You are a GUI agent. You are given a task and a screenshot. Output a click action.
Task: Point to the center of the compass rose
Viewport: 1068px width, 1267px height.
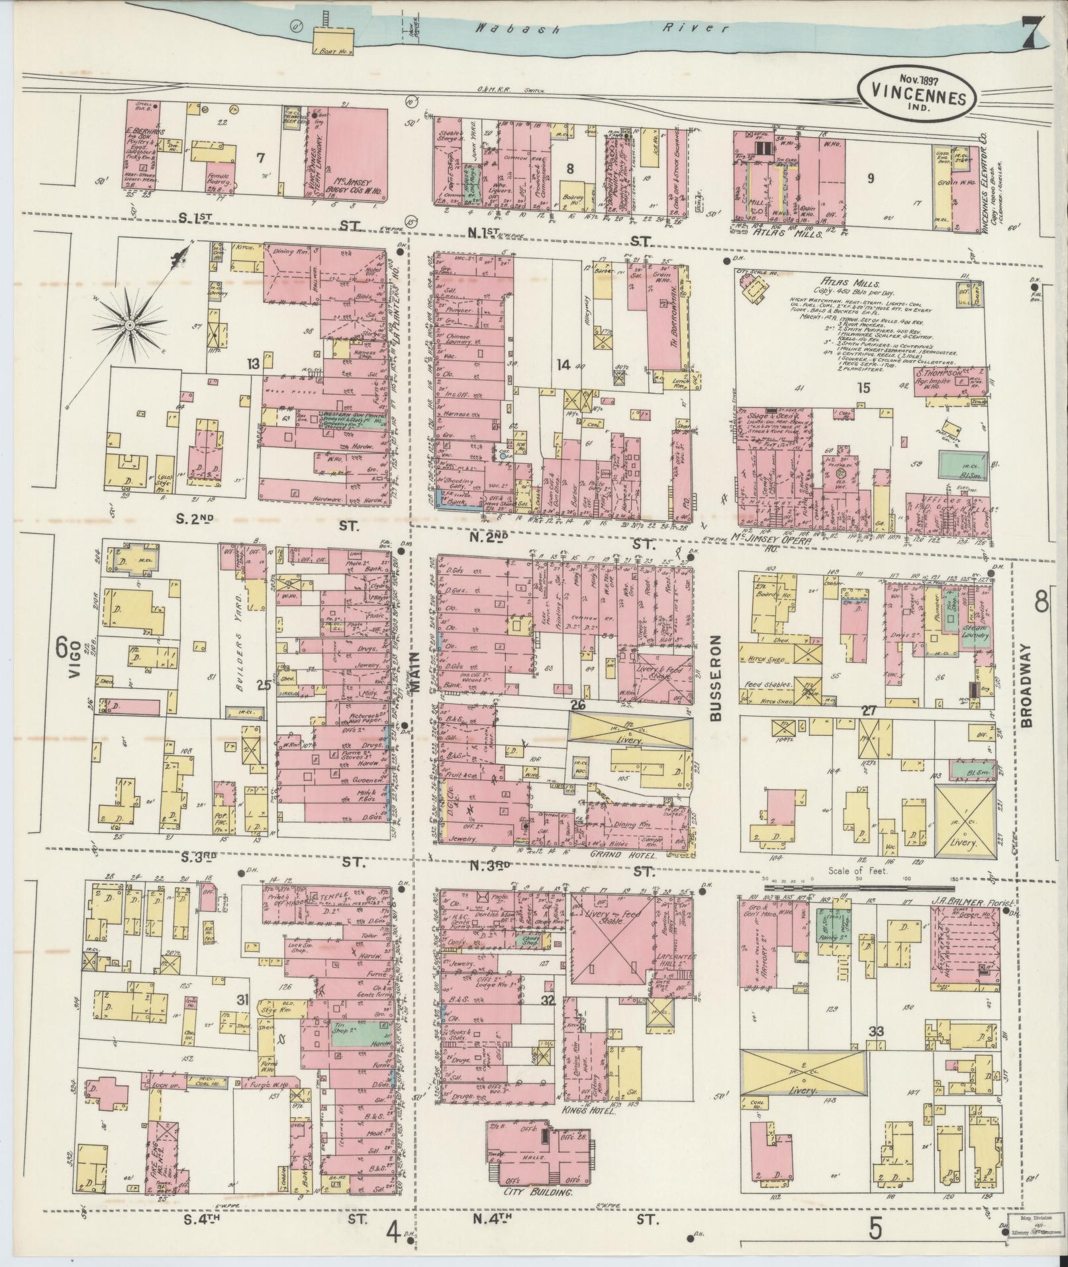tap(130, 325)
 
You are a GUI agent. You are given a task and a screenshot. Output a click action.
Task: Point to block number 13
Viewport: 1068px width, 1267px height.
tap(253, 364)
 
